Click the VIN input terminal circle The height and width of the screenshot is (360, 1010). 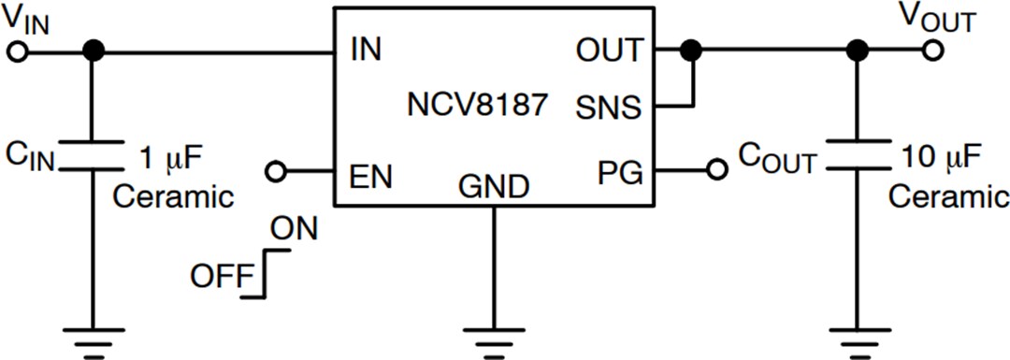pos(16,51)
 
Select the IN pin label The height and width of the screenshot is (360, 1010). pos(366,50)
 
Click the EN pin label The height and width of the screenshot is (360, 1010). pos(370,175)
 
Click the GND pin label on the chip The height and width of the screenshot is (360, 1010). pos(493,187)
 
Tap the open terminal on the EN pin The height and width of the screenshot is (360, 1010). pos(275,172)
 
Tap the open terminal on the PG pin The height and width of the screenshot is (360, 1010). pos(716,171)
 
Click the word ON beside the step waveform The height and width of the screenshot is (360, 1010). pos(293,227)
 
